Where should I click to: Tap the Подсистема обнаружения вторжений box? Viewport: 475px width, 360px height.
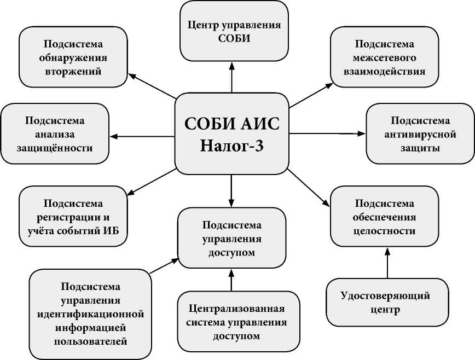click(x=73, y=57)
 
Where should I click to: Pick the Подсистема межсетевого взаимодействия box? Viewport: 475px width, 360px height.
click(x=385, y=57)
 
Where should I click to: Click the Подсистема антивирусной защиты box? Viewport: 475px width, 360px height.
click(x=420, y=134)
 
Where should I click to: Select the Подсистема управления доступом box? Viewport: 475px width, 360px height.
click(x=231, y=239)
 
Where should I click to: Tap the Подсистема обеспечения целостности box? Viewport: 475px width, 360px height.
click(x=385, y=217)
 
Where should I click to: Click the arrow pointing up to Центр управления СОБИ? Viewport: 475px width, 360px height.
click(x=231, y=77)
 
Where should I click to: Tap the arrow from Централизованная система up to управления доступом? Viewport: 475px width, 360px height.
click(x=231, y=280)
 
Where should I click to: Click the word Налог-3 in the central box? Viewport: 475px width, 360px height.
click(x=232, y=147)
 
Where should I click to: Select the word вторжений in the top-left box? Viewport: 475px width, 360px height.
click(x=73, y=71)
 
